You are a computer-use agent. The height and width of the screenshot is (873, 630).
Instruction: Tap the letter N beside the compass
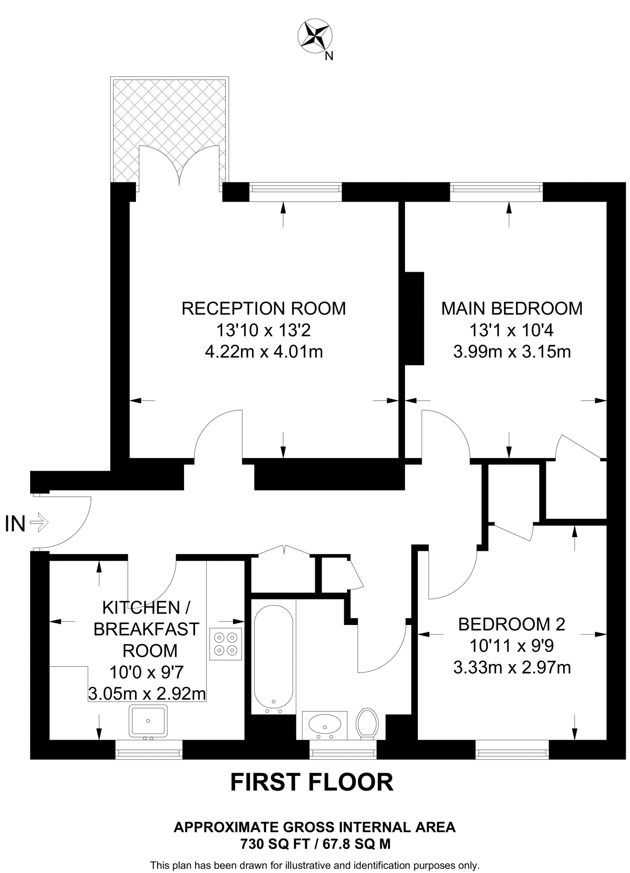pos(328,56)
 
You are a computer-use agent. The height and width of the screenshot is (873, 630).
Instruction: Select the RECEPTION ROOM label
pos(264,308)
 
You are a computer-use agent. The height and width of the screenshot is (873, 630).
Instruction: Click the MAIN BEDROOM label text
pos(512,308)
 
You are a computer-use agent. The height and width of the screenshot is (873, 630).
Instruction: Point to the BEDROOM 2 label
pos(512,624)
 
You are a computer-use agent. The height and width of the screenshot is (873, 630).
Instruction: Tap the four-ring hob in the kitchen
pos(226,644)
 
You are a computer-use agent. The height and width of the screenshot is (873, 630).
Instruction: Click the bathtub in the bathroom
pos(273,656)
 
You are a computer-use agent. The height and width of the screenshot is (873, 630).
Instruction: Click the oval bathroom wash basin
pos(325,724)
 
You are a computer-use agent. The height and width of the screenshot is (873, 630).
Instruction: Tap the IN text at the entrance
pos(15,524)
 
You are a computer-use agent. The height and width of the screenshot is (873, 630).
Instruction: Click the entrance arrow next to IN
pos(40,522)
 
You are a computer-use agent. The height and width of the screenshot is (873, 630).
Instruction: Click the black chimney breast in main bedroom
pos(414,318)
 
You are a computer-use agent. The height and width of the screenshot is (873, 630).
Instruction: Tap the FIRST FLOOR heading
pos(312,782)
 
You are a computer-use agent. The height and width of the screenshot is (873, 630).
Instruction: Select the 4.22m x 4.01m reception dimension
pos(264,352)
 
